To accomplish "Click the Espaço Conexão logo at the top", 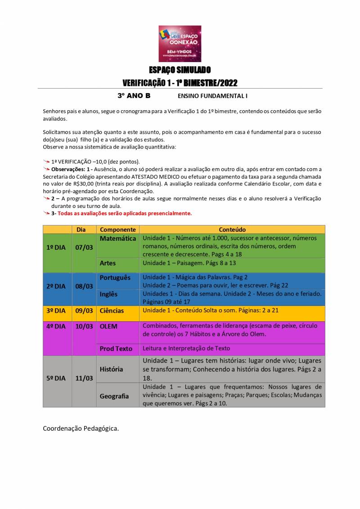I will [180, 43].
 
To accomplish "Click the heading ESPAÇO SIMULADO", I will [180, 70].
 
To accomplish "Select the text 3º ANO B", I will [134, 96].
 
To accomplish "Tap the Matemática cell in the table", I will [117, 239].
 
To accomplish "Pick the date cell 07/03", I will [84, 248].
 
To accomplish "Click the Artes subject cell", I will [108, 263].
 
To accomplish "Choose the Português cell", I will [115, 278].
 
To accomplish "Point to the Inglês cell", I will [109, 294].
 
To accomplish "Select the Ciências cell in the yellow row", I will [112, 311].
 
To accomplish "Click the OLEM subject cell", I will [109, 326].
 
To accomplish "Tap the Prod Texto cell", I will [116, 349].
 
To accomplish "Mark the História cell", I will [112, 369].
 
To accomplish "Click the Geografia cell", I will [114, 396].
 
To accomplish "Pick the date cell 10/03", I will [84, 326].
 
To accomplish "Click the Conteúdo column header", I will [232, 230].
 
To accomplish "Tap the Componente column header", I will [118, 230].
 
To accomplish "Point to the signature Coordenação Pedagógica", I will [81, 428].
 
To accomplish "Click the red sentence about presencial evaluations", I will [124, 213].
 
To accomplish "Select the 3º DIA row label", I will [56, 311].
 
